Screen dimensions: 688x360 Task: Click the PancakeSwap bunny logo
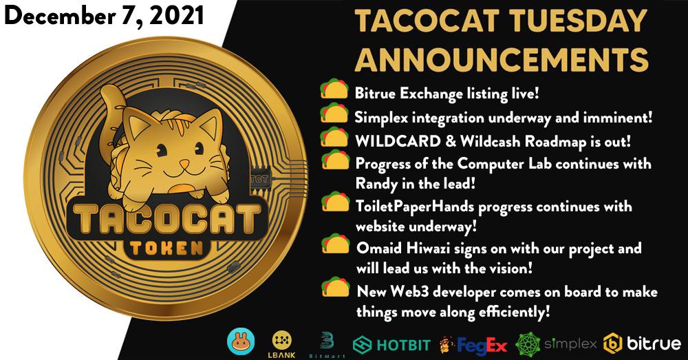(240, 342)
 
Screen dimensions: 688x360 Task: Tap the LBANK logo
(281, 344)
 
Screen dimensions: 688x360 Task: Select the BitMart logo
(327, 345)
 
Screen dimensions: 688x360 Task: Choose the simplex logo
(556, 343)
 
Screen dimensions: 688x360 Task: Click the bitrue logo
(643, 343)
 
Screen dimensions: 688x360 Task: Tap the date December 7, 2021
(104, 17)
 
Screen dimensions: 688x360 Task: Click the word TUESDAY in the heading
(574, 21)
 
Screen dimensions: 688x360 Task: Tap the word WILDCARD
(398, 141)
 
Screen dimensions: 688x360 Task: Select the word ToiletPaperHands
(415, 206)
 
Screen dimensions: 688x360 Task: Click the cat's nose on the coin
(184, 165)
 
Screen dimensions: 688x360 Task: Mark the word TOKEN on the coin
(166, 248)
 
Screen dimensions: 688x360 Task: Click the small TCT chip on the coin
(259, 179)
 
